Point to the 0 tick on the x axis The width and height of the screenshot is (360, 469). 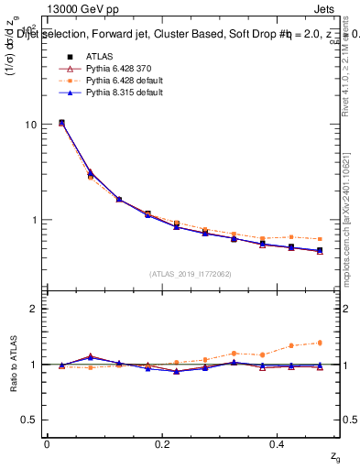click(47, 443)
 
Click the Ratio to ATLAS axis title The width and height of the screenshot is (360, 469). click(12, 364)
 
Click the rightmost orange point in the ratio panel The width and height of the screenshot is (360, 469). click(320, 343)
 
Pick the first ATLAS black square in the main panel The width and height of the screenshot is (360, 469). click(61, 122)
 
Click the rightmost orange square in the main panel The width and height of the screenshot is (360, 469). click(320, 239)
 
